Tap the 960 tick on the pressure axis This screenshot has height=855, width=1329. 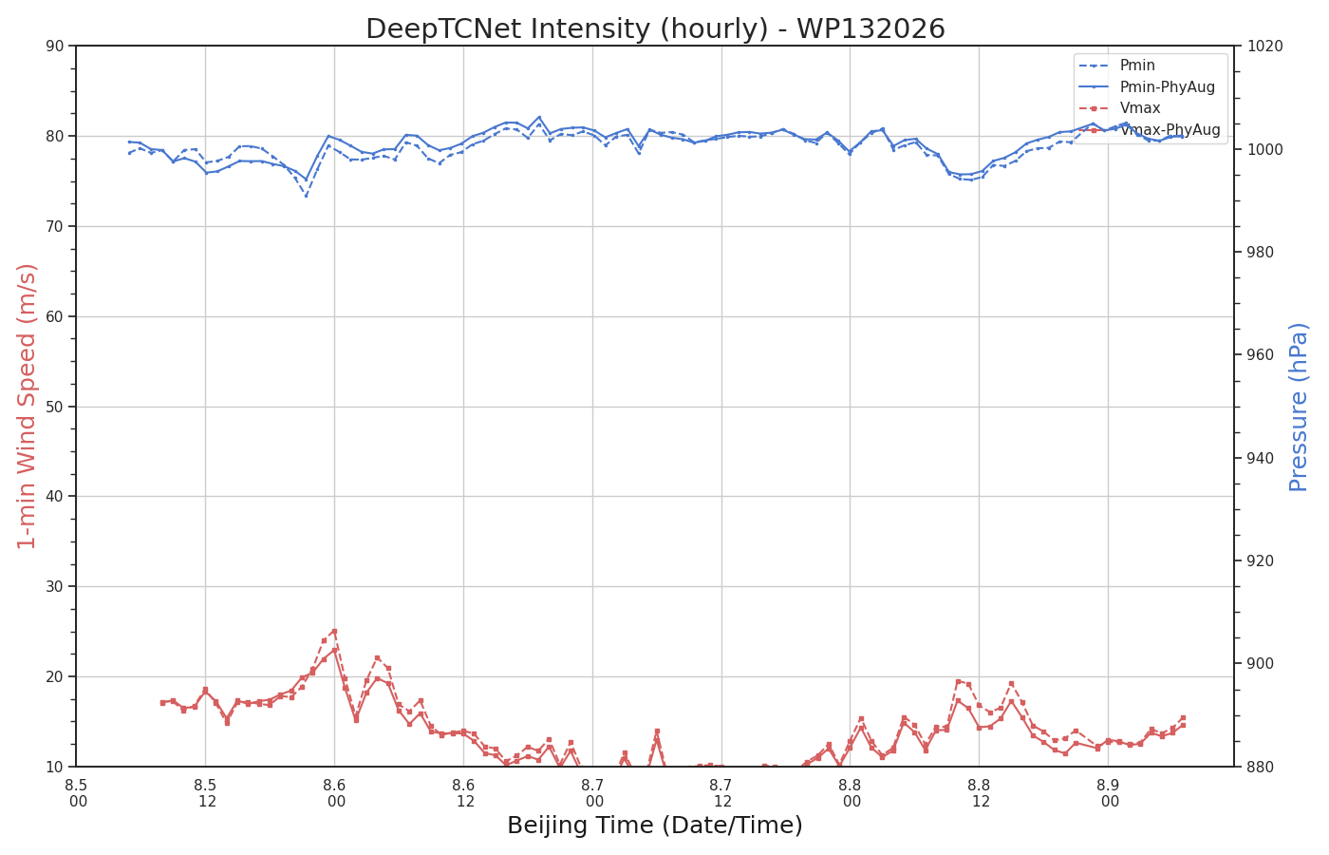1262,355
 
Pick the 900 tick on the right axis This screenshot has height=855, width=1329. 1262,664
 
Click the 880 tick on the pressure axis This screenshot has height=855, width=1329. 1262,768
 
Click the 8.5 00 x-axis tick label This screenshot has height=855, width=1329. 77,793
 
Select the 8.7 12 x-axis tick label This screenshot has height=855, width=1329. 721,793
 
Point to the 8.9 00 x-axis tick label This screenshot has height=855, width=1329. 1109,793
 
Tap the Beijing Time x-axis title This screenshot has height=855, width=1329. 655,826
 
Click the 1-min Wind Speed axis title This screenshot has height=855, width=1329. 27,407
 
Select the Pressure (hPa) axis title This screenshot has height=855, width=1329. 1299,407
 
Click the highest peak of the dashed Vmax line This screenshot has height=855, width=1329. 334,631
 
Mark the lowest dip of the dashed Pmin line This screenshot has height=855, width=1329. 306,196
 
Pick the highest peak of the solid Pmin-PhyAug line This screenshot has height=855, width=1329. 539,117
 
